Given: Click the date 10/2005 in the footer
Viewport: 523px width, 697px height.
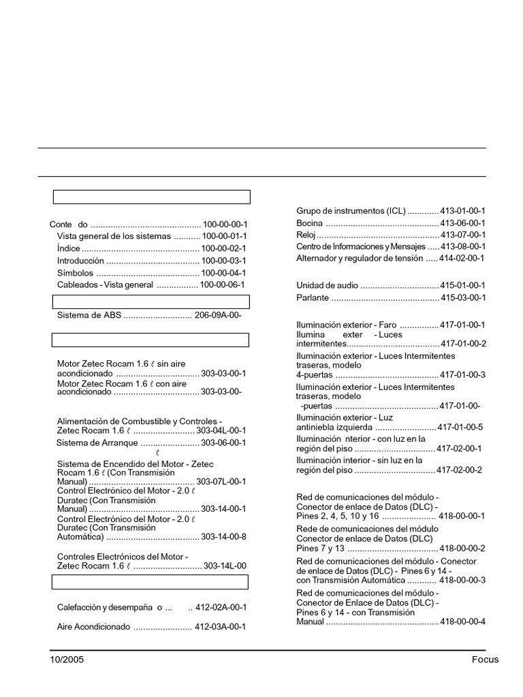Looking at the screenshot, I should tap(67, 660).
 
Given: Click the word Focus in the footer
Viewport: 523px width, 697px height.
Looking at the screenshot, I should tap(485, 660).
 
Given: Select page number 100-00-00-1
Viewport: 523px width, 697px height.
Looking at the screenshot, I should tap(225, 224).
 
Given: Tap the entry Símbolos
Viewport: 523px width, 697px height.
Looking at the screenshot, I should tap(75, 273).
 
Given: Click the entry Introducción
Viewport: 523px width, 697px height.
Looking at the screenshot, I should tap(80, 261).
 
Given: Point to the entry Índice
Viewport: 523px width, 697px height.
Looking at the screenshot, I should tap(68, 248).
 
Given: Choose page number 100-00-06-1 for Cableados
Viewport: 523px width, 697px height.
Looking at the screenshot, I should tap(222, 285).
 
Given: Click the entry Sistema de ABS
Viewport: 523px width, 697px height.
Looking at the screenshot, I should tap(89, 315).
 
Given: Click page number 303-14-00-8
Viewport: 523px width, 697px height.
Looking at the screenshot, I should tap(224, 536).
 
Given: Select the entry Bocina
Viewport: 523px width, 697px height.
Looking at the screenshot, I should tap(309, 223).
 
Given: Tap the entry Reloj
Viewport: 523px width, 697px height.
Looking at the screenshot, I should tap(306, 235).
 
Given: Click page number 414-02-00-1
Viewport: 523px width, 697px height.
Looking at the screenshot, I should tap(463, 259).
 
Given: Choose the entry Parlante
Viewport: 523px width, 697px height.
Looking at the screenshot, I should tap(313, 298).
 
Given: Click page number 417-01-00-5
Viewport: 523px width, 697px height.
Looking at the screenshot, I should tap(460, 427).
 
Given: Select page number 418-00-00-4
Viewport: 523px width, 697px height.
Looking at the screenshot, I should tap(463, 622).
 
